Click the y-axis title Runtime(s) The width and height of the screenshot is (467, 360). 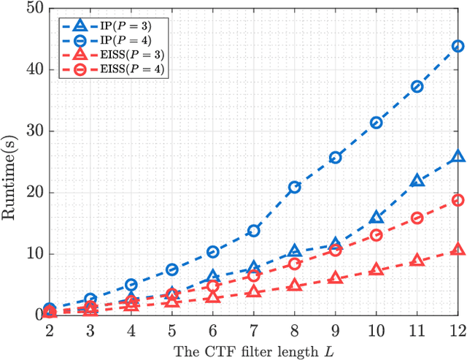point(12,161)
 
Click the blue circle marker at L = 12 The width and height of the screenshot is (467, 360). point(458,46)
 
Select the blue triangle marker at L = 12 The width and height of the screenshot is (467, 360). point(458,156)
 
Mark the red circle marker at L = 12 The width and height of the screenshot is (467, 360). point(458,200)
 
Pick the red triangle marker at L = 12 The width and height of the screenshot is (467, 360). point(458,249)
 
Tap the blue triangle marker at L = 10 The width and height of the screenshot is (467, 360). point(377,217)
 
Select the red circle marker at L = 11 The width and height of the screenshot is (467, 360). point(417,218)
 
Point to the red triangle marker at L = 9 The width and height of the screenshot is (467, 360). point(336,277)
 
